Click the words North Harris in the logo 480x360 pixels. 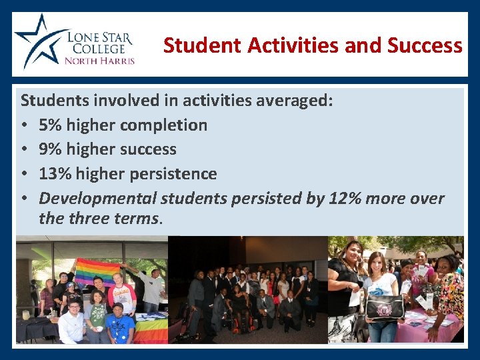[99, 61]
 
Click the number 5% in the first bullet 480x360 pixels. [50, 125]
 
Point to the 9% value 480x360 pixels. [50, 149]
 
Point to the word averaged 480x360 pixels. [294, 101]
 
